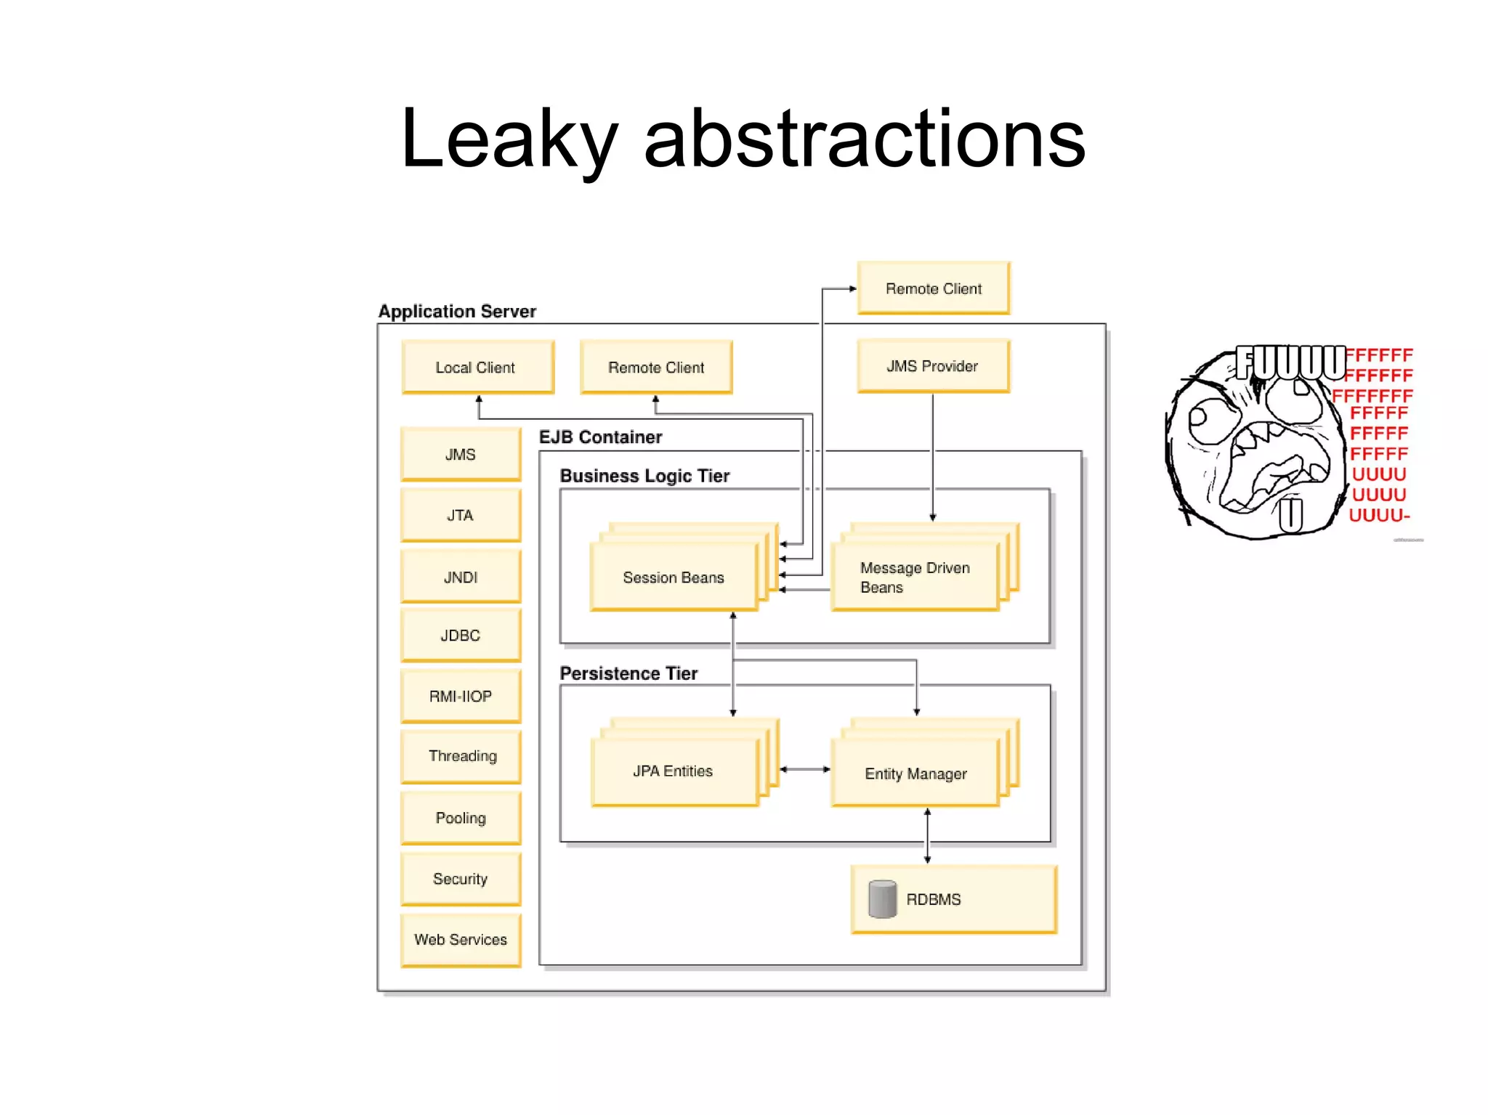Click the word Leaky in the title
(509, 139)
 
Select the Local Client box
(477, 368)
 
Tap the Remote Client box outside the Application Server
(933, 288)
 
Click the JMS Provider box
(932, 366)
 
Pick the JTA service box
(461, 515)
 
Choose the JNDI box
(461, 577)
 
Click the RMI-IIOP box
(461, 696)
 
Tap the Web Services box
(461, 939)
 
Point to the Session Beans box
(673, 577)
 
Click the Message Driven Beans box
(914, 577)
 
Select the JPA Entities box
(673, 771)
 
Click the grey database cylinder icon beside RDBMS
(882, 899)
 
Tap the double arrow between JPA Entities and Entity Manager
(804, 769)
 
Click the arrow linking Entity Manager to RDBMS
(927, 835)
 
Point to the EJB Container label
(600, 437)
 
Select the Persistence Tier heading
(628, 673)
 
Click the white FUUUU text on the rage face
(1290, 362)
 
